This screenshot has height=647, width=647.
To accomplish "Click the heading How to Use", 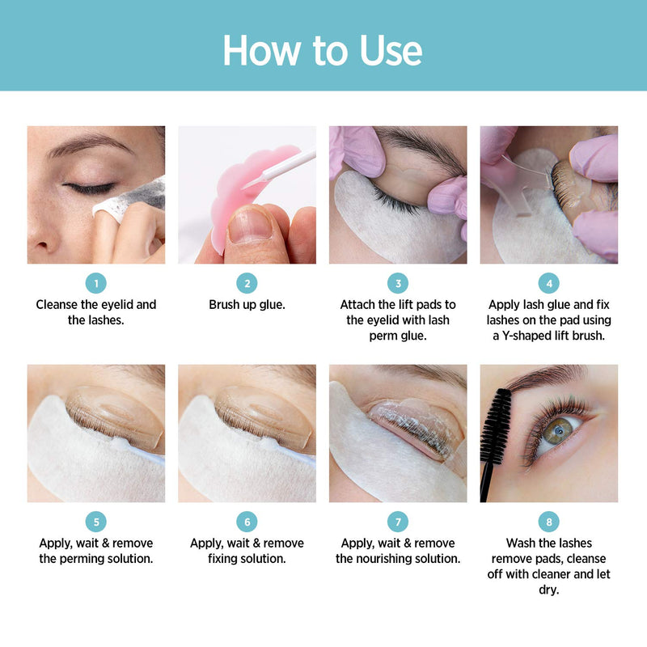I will pos(323,50).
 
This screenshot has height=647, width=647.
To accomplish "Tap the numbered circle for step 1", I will pos(95,283).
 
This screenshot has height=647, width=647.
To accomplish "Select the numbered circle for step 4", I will pos(548,283).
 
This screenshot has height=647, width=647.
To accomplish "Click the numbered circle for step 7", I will pos(397,522).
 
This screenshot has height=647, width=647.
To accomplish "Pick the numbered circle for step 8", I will pos(548,522).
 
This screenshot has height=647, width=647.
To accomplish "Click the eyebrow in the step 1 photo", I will pos(89,148).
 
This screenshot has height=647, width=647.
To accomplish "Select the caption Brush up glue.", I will pos(247,305).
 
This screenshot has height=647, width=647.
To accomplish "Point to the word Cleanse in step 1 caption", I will pos(59,305).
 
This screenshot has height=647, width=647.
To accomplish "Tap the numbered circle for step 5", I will pos(95,522).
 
